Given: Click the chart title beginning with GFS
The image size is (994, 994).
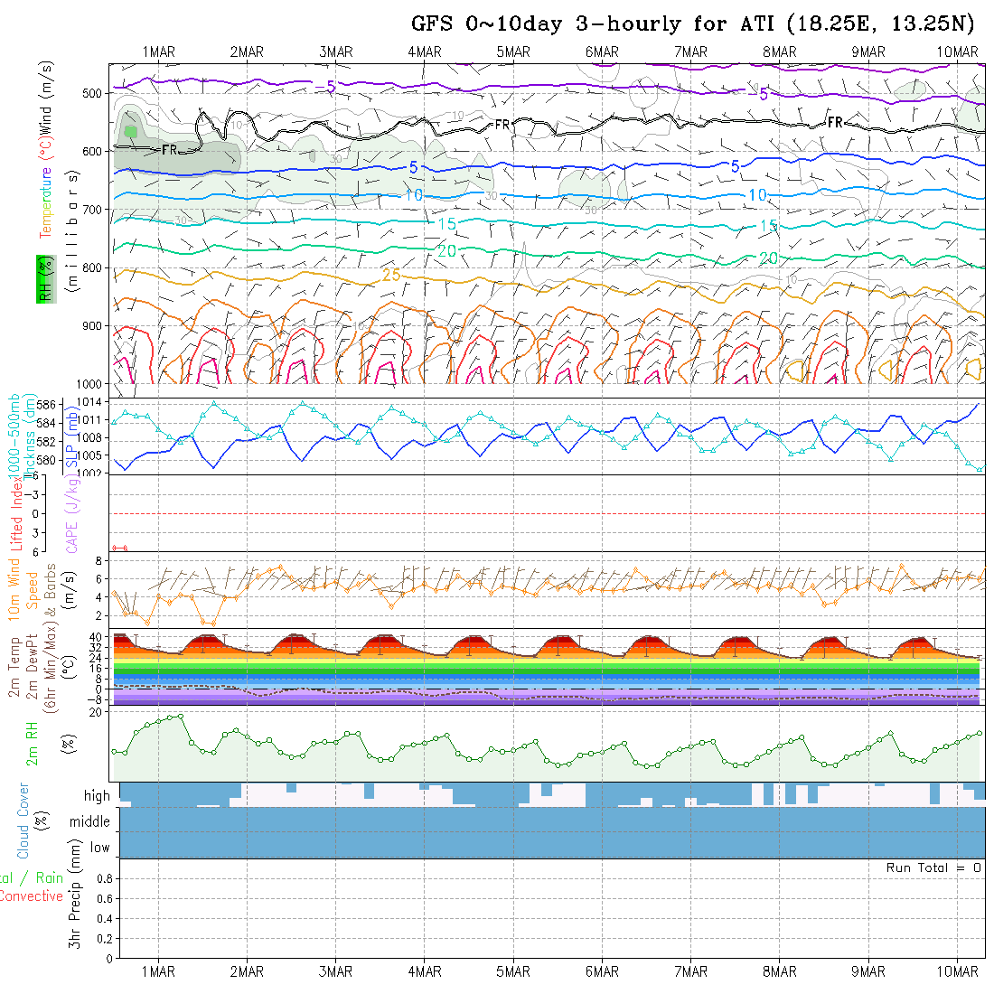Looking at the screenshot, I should (696, 24).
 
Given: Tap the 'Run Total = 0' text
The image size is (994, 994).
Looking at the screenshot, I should (933, 867).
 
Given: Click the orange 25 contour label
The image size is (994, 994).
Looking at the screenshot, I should (390, 274).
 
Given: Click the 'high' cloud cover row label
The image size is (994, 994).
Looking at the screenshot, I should (97, 796).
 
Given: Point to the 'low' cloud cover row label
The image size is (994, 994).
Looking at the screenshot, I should (99, 848).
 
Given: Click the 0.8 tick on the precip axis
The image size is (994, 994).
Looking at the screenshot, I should (104, 878).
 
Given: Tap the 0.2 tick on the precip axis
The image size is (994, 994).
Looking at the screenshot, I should (104, 938).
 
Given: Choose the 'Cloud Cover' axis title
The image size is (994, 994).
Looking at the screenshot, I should (23, 821).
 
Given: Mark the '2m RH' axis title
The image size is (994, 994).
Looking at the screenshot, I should (32, 743).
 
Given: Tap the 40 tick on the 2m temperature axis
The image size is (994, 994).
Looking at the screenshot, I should (94, 637).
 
